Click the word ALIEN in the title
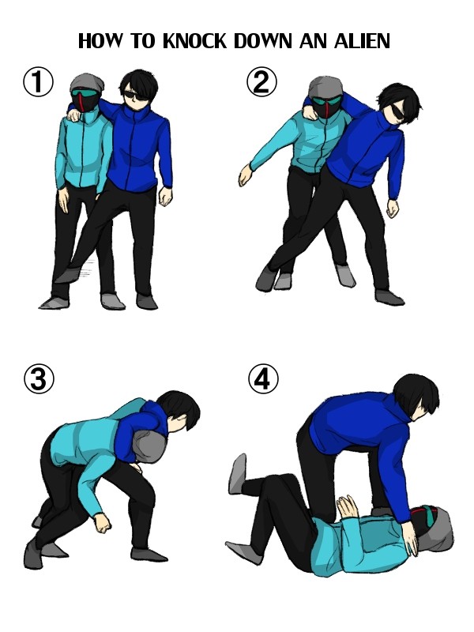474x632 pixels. tap(362, 41)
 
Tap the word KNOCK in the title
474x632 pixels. tap(195, 41)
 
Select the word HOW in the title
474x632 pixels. tap(100, 41)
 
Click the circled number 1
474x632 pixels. tap(38, 82)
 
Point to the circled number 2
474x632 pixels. tap(261, 82)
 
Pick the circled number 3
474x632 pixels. tap(38, 379)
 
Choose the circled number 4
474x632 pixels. tap(263, 379)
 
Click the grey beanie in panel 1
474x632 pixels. tap(87, 82)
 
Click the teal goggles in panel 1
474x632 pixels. tap(84, 94)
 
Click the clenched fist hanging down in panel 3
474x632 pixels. tap(102, 522)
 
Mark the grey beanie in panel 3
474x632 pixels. tap(149, 446)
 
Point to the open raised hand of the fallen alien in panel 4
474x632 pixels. tap(347, 506)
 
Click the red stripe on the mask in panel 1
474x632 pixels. tap(81, 101)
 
